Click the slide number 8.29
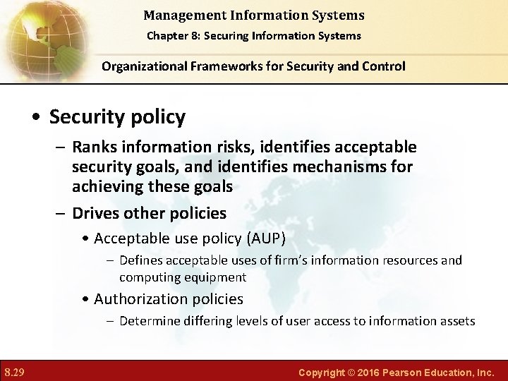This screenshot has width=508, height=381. pyautogui.click(x=15, y=371)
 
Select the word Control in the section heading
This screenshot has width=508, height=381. pyautogui.click(x=384, y=66)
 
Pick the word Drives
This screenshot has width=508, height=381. pyautogui.click(x=95, y=212)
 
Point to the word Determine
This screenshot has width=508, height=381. pyautogui.click(x=148, y=321)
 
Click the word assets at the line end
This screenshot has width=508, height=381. pyautogui.click(x=456, y=321)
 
